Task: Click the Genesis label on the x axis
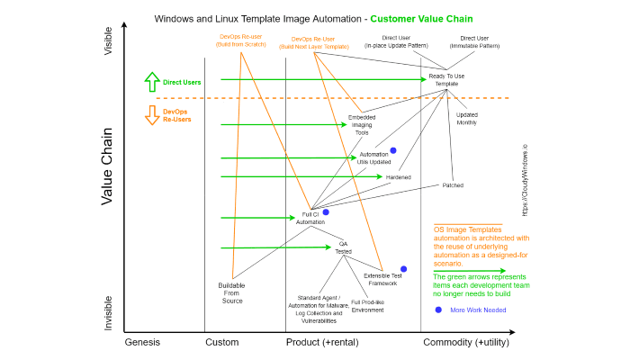142,342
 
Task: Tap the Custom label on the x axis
222,342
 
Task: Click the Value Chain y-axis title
106,166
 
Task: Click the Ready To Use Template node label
446,79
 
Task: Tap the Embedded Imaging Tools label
362,125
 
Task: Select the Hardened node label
399,177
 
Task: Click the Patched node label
453,185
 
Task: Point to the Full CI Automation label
310,218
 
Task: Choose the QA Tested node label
344,248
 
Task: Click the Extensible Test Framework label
382,279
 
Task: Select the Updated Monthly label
467,118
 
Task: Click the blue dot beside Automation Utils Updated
393,150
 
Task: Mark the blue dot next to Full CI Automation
326,212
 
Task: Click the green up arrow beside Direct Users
151,82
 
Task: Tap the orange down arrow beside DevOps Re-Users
151,115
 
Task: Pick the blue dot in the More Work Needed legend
438,310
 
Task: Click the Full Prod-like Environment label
367,306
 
